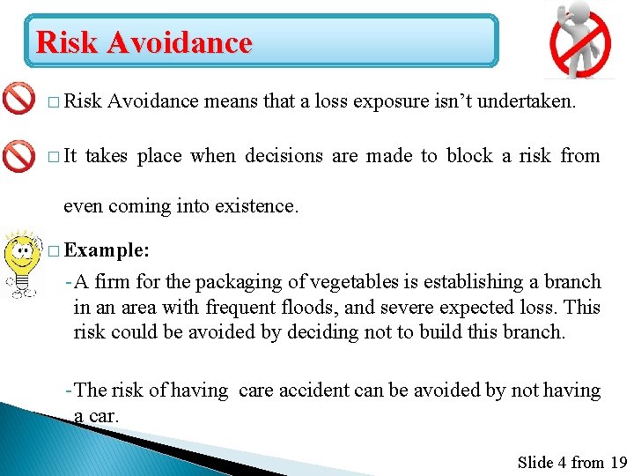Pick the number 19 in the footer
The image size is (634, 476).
[x=618, y=462]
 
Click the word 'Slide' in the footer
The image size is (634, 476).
[x=535, y=462]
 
